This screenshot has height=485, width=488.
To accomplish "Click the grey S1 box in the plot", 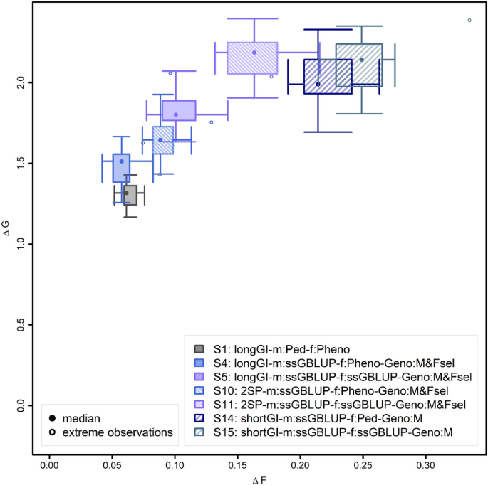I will point(130,195).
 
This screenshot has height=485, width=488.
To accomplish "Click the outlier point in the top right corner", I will point(469,20).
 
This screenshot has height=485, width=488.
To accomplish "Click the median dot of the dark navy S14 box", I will point(318,85).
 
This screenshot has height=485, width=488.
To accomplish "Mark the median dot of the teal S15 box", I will point(362,60).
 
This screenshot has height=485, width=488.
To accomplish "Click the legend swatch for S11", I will point(200,405).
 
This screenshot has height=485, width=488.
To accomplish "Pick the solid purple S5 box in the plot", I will point(179,110).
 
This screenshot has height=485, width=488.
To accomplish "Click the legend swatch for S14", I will point(200,419).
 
